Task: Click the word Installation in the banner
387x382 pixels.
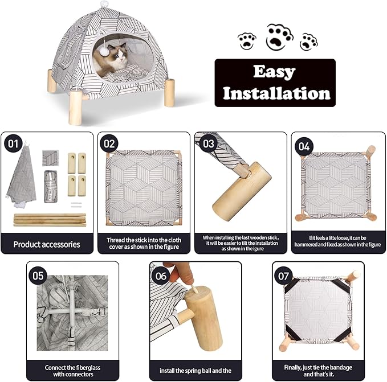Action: point(276,92)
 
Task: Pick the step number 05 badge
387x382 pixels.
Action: point(38,276)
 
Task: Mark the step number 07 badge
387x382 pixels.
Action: point(284,275)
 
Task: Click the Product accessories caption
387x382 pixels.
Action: point(47,244)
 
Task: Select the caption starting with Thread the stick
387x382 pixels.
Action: point(144,244)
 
